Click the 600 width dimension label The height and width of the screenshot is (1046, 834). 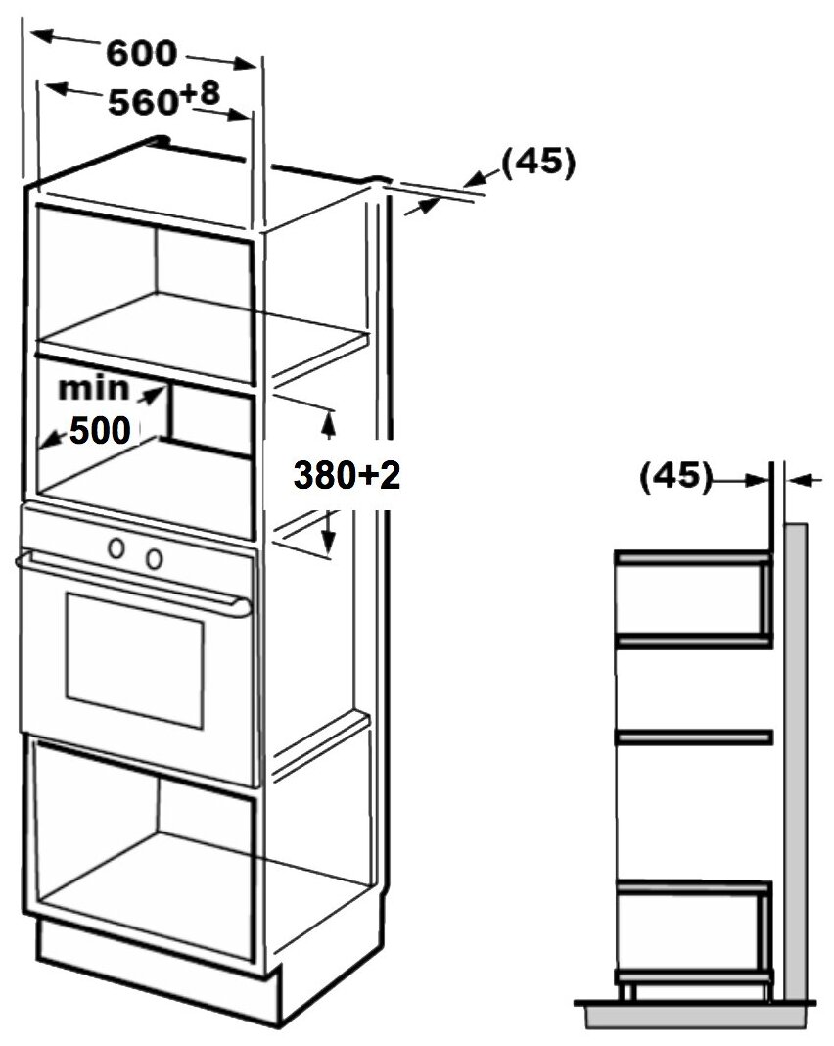pos(142,55)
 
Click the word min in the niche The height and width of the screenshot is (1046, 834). pos(94,388)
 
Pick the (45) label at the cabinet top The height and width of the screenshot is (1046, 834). pos(537,162)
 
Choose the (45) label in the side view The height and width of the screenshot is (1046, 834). pos(674,477)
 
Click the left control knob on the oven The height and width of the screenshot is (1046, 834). pos(117,549)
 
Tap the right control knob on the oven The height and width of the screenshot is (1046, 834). pos(153,557)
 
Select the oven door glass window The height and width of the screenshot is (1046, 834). pos(135,658)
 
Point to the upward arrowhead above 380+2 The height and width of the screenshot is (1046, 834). pos(329,420)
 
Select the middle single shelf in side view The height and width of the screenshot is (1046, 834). pos(693,736)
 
